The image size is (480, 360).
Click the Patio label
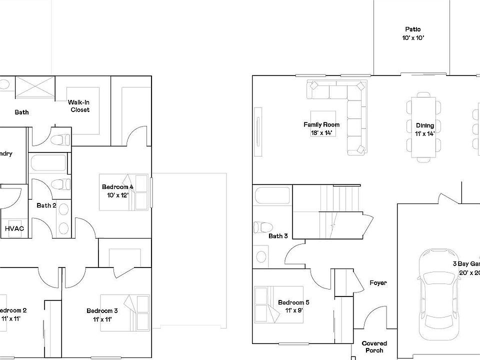point(413,29)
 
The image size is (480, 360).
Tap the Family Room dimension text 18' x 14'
point(321,133)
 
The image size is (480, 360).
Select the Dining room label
point(425,125)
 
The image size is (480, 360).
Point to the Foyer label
point(378,283)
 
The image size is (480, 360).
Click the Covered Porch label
point(374,346)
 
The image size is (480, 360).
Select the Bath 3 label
point(278,236)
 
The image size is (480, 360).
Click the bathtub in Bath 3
point(272,195)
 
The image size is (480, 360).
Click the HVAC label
point(14,228)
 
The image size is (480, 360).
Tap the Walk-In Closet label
point(79,106)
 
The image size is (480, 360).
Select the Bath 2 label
point(46,205)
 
